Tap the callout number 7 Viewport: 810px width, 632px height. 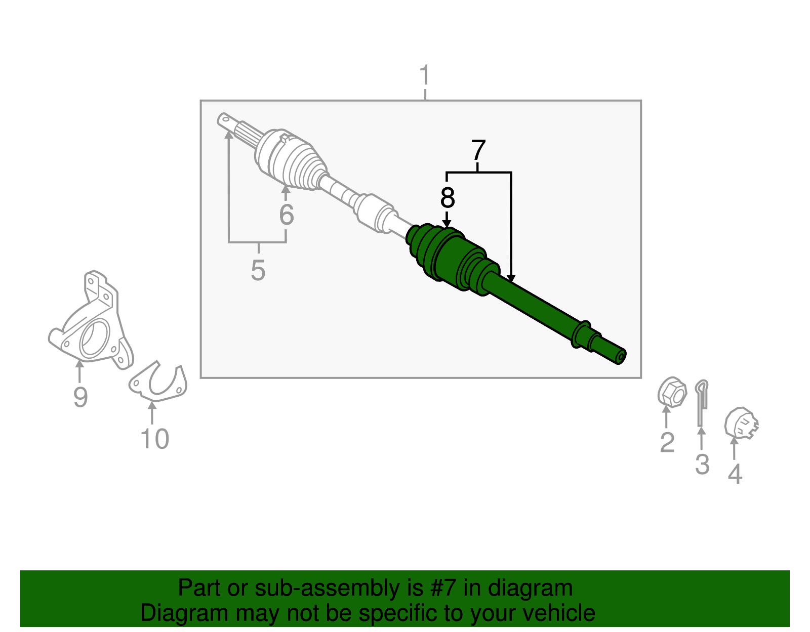(478, 150)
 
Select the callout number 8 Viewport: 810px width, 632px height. (447, 198)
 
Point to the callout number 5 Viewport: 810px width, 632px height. (258, 270)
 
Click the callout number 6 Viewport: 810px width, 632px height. (286, 215)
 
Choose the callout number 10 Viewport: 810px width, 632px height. (154, 439)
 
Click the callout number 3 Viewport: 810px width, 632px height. (702, 464)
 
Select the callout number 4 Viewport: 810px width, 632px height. (735, 474)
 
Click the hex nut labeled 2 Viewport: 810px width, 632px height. (671, 392)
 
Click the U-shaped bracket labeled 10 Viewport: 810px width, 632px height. (158, 384)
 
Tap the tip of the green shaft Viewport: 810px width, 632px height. (620, 357)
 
